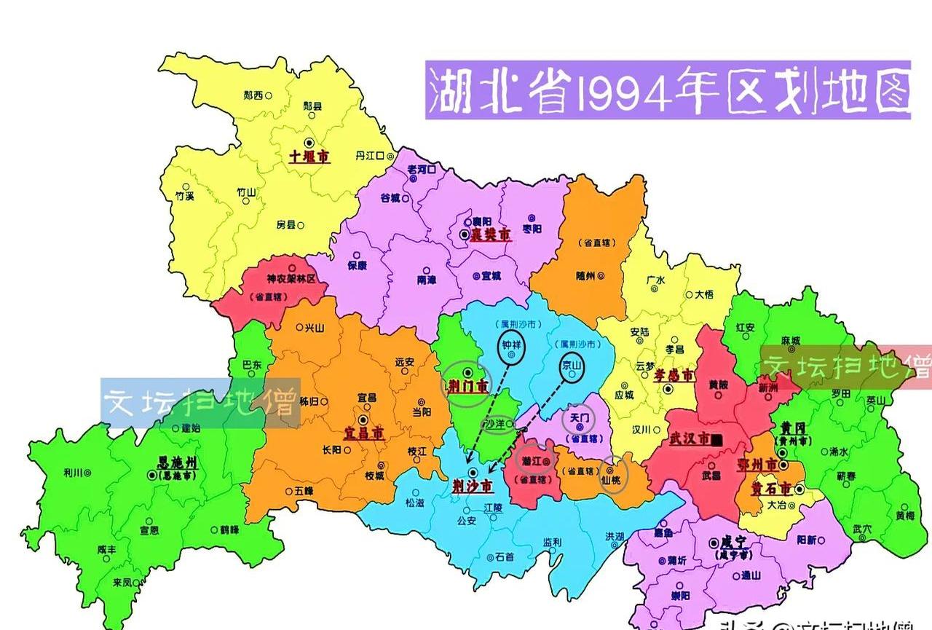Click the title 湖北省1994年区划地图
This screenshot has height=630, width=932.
pos(668,90)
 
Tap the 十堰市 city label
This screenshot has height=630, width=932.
pos(309,156)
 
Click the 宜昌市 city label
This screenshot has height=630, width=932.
pos(365,433)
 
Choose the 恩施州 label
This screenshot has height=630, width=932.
pos(178,462)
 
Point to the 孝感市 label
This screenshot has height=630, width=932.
pos(671,374)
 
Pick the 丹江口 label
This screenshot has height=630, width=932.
pos(369,156)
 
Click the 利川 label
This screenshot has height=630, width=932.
pos(73,473)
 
